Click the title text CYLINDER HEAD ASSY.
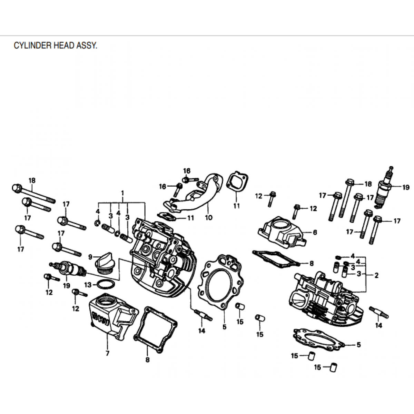tap(55, 46)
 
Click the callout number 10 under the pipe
tap(208, 218)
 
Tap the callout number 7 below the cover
tap(107, 353)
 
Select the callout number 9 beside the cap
tap(90, 257)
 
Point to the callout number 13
tap(88, 285)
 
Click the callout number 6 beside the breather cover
tap(315, 233)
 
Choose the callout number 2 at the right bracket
tap(376, 275)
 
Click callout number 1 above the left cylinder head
tap(122, 193)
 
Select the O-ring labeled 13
tap(105, 285)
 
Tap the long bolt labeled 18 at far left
tap(33, 194)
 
